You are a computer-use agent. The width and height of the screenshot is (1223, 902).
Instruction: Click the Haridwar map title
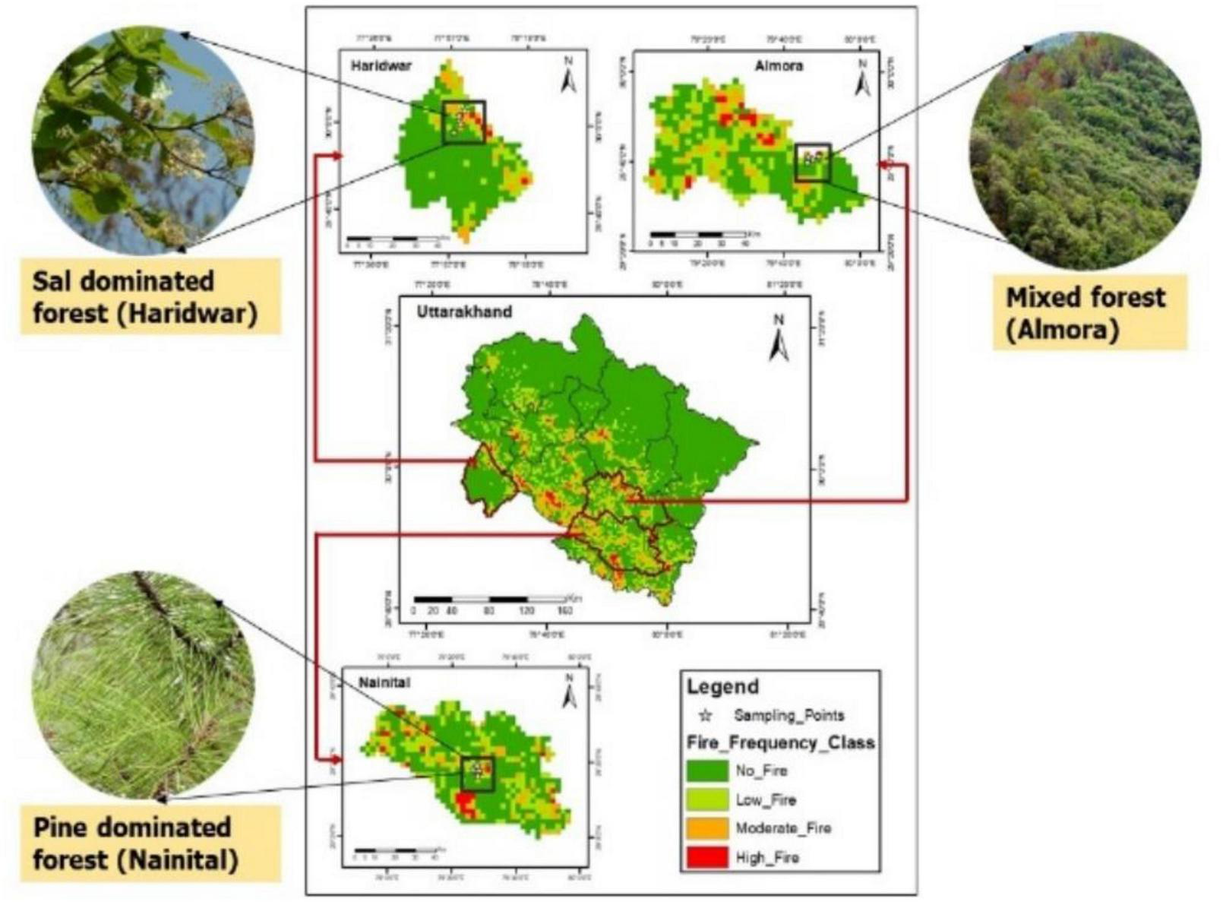pos(381,65)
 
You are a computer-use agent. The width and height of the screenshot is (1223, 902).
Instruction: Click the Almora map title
pos(779,65)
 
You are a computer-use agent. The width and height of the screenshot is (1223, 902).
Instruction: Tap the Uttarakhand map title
pos(464,312)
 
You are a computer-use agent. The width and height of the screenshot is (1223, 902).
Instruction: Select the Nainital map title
pos(384,682)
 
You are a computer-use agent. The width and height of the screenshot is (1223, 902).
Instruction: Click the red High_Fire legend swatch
pos(706,857)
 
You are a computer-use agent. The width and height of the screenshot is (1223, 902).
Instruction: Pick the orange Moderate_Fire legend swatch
pos(706,828)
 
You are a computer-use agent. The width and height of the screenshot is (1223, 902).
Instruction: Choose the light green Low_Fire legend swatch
pos(706,799)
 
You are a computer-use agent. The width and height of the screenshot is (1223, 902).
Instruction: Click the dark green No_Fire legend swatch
pos(706,771)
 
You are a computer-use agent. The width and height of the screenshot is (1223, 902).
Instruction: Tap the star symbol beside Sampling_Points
pos(706,715)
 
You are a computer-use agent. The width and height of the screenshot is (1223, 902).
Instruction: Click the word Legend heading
pos(722,686)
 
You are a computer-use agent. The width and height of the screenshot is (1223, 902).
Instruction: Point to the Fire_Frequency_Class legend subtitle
pos(780,742)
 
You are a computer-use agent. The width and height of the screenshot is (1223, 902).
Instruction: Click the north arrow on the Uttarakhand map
pos(779,339)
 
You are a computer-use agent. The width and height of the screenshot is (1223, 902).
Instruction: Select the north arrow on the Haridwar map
pos(568,75)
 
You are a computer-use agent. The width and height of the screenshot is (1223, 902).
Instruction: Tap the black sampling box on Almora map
pos(813,162)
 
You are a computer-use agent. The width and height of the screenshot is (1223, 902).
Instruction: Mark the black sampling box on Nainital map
pos(478,774)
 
